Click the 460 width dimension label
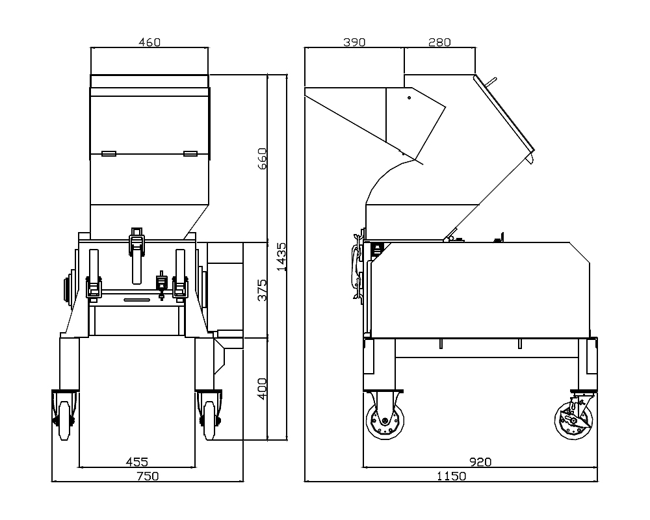149,42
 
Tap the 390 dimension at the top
354,42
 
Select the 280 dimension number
439,42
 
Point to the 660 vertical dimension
263,159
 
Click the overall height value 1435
281,257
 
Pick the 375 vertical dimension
263,290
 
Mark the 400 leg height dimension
263,389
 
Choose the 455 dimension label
136,461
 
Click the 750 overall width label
148,476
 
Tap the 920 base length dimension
480,461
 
